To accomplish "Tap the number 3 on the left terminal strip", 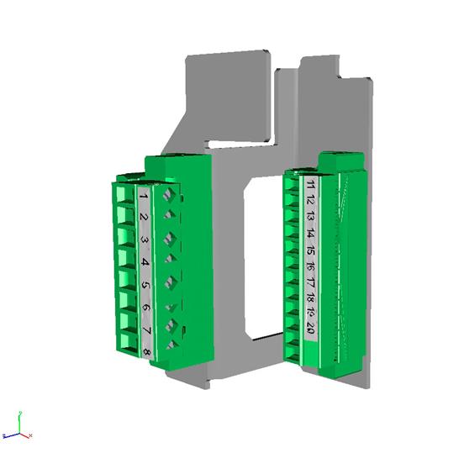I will (x=145, y=240).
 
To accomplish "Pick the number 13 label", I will (x=310, y=218).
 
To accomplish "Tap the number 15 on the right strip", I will (x=310, y=250).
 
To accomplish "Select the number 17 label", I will (x=311, y=283).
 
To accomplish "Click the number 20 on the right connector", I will (x=312, y=331).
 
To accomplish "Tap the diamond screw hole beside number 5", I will (x=172, y=281).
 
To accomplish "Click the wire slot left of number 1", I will (x=127, y=197).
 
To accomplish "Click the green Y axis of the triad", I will (x=19, y=419).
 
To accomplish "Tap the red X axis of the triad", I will (x=28, y=435).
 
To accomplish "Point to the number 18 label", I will (x=311, y=298).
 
